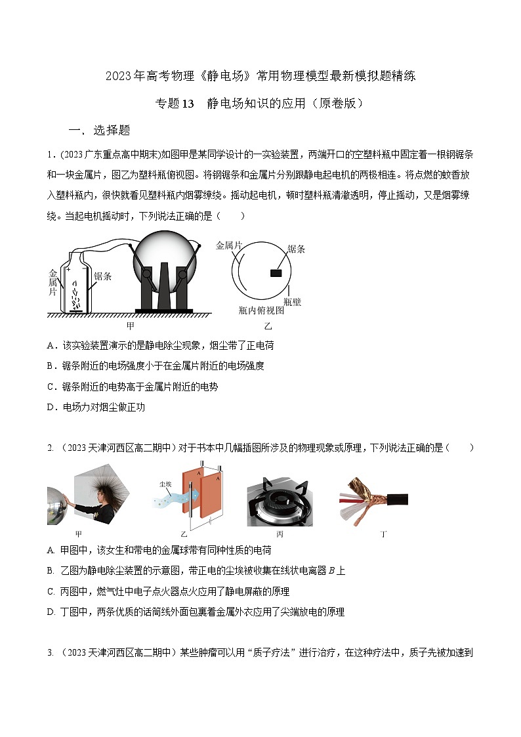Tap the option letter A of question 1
click(x=51, y=345)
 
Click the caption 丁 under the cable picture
click(x=383, y=534)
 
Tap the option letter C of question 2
click(x=51, y=591)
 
